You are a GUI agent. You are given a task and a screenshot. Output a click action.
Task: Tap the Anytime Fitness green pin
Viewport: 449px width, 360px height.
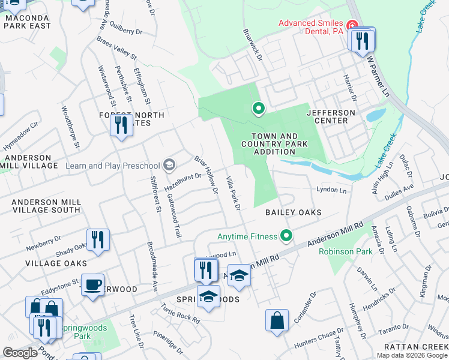coord(287,236)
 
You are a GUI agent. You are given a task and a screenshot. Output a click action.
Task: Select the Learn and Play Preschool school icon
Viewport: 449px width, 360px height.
coord(170,165)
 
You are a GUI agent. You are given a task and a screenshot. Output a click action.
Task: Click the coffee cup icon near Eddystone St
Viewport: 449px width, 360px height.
coord(92,284)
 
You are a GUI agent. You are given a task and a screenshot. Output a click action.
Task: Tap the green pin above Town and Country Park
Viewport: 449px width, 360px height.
coord(259,109)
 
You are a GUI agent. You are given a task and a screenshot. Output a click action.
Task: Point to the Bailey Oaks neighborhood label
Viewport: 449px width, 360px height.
coord(294,212)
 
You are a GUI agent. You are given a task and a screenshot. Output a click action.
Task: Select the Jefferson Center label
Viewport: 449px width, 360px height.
coord(331,116)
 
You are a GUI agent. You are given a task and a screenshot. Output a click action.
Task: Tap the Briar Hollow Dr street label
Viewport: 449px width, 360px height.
coord(206,175)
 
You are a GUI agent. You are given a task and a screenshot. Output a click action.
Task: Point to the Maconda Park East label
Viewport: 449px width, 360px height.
coord(28,22)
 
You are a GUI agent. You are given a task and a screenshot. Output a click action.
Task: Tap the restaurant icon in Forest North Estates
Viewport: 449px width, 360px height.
coord(121,125)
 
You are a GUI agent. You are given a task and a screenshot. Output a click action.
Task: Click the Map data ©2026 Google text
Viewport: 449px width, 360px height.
coord(412,355)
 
